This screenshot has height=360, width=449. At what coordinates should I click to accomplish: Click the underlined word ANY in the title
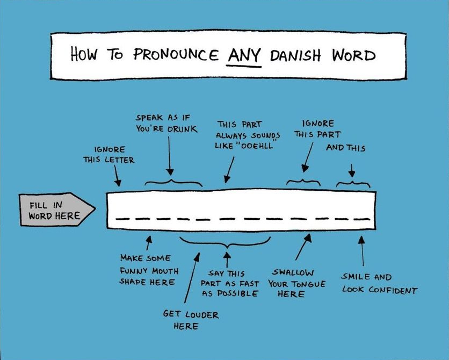click(244, 55)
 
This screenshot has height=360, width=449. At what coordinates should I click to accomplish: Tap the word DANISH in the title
click(295, 55)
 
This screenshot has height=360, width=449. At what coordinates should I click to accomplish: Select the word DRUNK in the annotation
click(183, 129)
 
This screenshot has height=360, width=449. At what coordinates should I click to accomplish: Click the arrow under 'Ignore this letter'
click(118, 176)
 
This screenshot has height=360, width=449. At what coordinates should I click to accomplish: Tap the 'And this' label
click(346, 148)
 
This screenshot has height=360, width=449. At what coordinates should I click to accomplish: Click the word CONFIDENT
click(393, 290)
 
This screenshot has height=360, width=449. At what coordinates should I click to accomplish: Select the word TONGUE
click(308, 284)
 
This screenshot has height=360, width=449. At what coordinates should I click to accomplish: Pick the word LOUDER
click(202, 315)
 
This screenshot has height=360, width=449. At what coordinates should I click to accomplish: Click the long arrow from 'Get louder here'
click(192, 277)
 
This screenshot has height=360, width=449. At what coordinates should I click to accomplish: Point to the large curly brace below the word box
click(225, 242)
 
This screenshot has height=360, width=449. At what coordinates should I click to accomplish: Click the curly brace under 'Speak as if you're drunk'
click(173, 183)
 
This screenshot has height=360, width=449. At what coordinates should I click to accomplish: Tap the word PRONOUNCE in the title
click(176, 54)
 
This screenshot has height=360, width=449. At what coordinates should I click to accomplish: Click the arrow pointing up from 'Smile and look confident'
click(362, 250)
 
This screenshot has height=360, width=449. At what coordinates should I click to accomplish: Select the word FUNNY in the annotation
click(135, 270)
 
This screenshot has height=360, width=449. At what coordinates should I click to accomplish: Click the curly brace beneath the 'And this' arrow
click(353, 184)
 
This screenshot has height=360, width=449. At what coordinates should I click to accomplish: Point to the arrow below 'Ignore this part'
click(307, 157)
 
